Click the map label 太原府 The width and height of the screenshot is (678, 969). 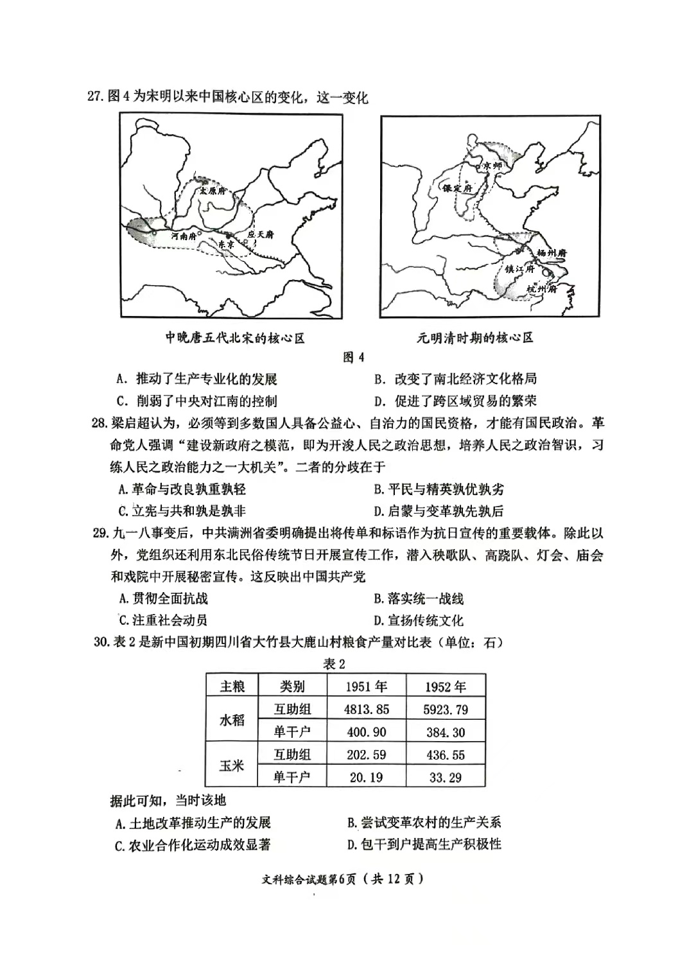(x=212, y=191)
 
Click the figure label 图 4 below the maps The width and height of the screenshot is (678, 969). (x=353, y=357)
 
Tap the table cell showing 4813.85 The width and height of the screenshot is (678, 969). (x=367, y=709)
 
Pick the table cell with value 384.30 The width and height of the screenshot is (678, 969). (x=446, y=732)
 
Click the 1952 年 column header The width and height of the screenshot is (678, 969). (x=446, y=686)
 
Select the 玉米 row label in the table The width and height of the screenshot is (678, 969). (x=232, y=765)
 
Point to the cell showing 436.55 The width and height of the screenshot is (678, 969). (x=446, y=755)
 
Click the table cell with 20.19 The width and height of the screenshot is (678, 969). (x=367, y=777)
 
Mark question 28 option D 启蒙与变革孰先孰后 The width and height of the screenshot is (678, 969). (x=439, y=511)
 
